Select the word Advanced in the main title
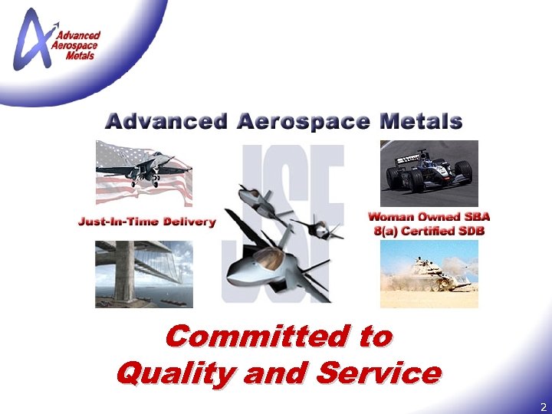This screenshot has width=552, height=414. tap(166, 121)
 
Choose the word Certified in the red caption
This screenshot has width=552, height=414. tap(433, 231)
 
